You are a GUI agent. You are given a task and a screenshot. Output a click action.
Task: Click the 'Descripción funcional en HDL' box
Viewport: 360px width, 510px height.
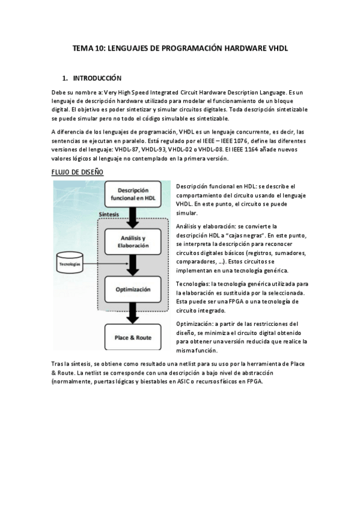pyautogui.click(x=133, y=195)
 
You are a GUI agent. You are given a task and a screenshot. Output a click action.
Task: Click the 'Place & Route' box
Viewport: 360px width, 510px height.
pyautogui.click(x=133, y=337)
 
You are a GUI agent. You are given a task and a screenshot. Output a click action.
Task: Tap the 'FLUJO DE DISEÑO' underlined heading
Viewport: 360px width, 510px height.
pyautogui.click(x=78, y=172)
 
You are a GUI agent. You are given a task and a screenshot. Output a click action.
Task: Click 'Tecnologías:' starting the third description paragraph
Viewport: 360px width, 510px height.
pyautogui.click(x=194, y=283)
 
